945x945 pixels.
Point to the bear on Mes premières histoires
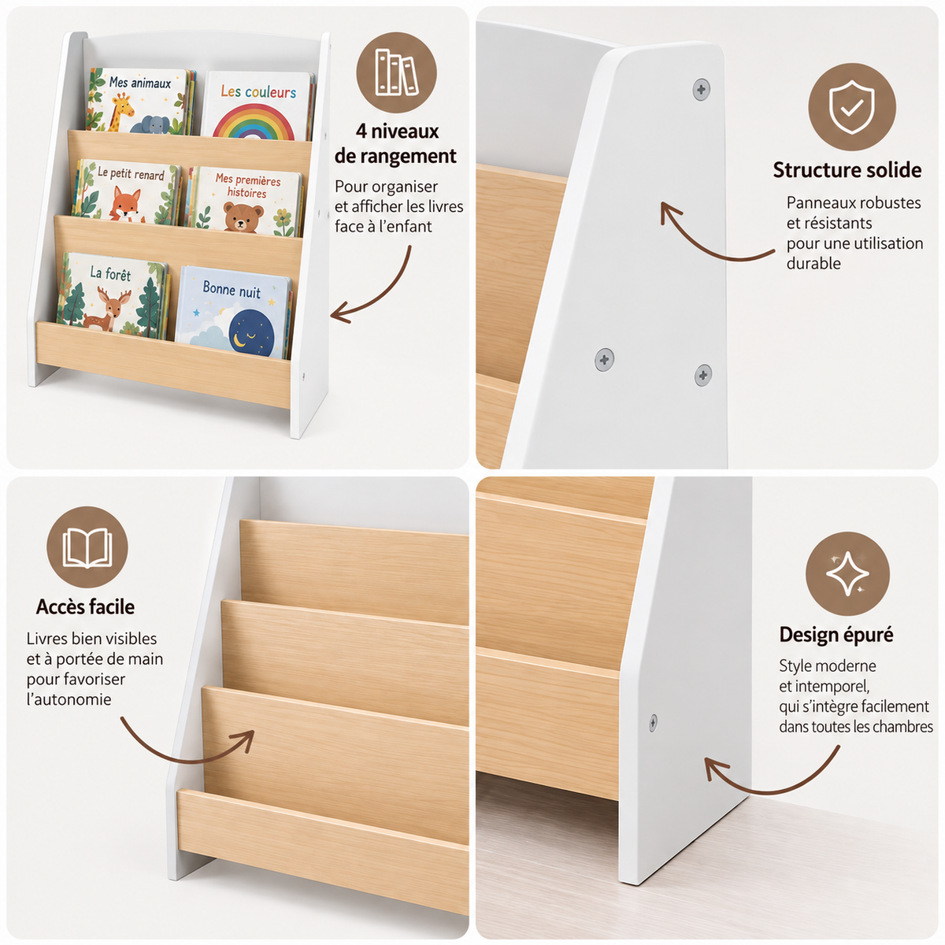point(243,217)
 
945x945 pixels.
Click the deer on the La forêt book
point(108,308)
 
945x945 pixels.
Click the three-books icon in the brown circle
point(396,72)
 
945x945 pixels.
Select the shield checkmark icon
point(852,107)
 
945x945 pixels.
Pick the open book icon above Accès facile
point(87,547)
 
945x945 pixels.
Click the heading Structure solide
point(847,170)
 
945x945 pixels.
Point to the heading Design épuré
point(836,635)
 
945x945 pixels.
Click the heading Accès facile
point(85,606)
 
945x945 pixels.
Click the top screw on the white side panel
point(701,90)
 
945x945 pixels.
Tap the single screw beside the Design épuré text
point(653,722)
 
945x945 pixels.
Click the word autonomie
point(69,699)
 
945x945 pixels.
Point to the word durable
point(813,263)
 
